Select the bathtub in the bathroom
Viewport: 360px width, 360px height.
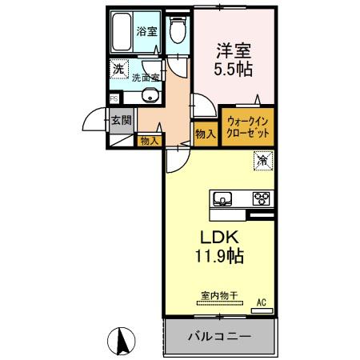[x=122, y=34]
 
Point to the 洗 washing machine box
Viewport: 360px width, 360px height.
[x=118, y=70]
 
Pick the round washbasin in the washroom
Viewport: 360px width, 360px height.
[x=149, y=97]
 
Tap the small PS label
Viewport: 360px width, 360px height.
[x=113, y=98]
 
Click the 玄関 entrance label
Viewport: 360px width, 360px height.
[x=122, y=122]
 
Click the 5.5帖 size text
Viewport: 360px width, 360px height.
[x=232, y=70]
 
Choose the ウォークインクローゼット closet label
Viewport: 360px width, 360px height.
[x=246, y=127]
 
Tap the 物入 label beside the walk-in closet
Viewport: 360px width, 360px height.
[x=205, y=133]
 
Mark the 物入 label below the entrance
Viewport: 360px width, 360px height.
[x=149, y=141]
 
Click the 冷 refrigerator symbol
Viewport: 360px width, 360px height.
[x=262, y=161]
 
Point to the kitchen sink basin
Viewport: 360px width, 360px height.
[x=222, y=198]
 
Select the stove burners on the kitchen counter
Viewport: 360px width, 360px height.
[x=262, y=198]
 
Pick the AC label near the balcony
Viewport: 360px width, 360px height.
[x=261, y=302]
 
